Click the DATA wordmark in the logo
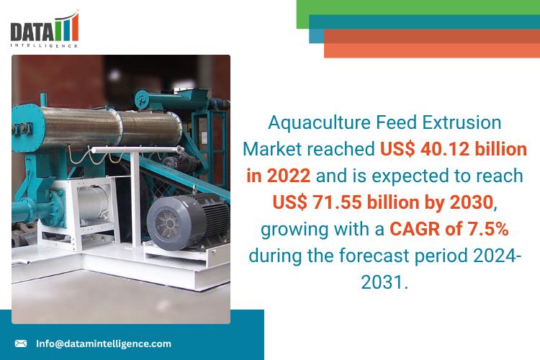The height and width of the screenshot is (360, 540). click(x=32, y=32)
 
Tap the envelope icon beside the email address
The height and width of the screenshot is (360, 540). click(x=21, y=343)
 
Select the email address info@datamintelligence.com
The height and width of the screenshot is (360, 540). click(x=104, y=343)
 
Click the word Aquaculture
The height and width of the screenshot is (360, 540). click(x=319, y=123)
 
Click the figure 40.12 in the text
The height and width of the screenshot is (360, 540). click(x=444, y=149)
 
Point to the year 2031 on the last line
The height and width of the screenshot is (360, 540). click(x=382, y=282)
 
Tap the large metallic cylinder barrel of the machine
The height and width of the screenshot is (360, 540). click(x=110, y=127)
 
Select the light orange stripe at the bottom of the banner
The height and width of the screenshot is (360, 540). click(x=432, y=50)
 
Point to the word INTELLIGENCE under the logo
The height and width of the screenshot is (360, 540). click(x=44, y=45)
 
